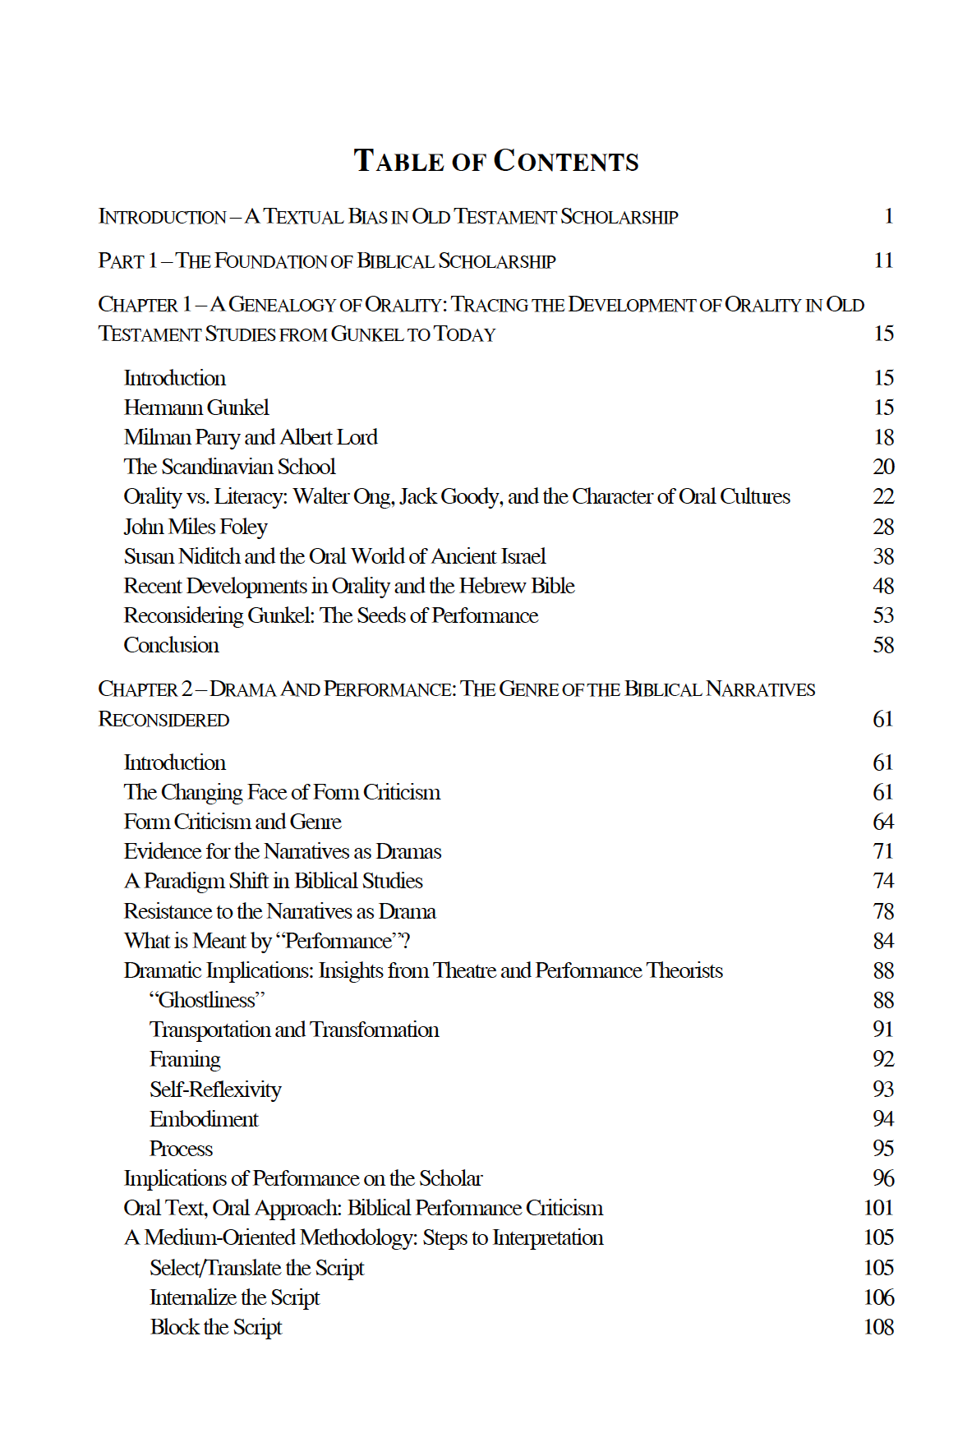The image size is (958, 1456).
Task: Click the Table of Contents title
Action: point(495,160)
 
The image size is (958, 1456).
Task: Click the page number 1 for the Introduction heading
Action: point(888,216)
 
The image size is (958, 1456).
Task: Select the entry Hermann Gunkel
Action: point(196,408)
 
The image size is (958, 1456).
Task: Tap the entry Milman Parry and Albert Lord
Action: point(251,437)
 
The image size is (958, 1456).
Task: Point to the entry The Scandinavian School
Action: point(229,467)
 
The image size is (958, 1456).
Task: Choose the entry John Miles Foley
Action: point(196,527)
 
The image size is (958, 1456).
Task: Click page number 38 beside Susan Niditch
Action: point(883,556)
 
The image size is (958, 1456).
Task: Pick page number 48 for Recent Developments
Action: point(883,586)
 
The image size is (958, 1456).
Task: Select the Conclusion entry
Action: point(171,645)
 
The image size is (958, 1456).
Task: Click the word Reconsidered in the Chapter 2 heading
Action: point(164,720)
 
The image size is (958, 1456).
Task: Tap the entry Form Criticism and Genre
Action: point(233,822)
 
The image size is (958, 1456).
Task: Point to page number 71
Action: point(883,851)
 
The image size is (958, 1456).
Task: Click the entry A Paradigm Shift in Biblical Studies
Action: point(273,881)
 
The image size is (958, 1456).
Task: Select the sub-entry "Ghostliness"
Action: point(207,1000)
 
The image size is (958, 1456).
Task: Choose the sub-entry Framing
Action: point(185,1059)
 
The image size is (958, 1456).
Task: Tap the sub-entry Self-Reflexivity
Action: point(215,1090)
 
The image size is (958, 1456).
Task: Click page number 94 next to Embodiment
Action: point(883,1119)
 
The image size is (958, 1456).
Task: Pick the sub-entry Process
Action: point(181,1149)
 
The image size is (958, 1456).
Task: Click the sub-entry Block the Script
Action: point(216,1327)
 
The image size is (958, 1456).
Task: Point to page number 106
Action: point(878,1297)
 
